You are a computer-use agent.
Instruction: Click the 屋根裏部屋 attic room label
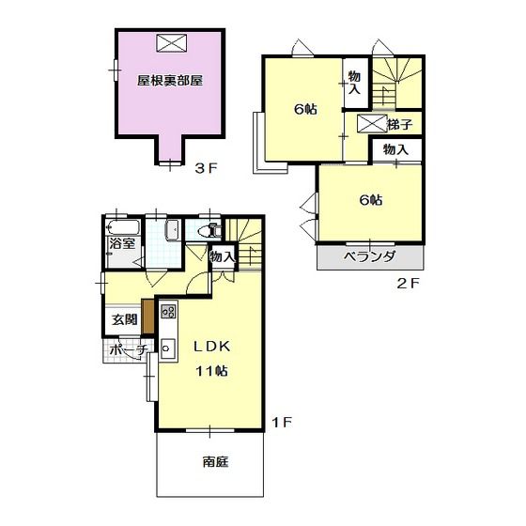coord(170,81)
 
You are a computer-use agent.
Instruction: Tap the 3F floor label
coord(207,168)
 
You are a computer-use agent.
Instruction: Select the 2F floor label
coord(408,284)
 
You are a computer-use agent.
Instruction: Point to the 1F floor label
coord(282,423)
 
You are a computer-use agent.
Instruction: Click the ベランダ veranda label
coord(370,256)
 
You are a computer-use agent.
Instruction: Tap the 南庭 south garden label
coord(215,462)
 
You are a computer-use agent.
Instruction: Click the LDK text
coord(212,347)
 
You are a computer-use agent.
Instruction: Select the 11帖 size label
coord(212,371)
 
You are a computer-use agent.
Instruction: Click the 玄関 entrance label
coord(124,319)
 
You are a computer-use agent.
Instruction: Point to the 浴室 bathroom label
coord(122,243)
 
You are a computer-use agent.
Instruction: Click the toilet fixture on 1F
coord(209,231)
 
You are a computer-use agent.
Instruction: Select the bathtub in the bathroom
coord(123,228)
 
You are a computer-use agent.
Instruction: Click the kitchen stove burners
coord(168,311)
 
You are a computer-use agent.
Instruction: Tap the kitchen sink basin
coord(167,348)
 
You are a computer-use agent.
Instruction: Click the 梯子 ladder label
coord(399,125)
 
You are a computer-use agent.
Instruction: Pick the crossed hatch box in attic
coord(171,42)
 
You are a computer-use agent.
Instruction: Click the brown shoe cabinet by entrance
coord(147,317)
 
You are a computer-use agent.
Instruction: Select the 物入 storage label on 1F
coord(222,257)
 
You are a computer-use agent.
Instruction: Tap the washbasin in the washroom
coord(173,230)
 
